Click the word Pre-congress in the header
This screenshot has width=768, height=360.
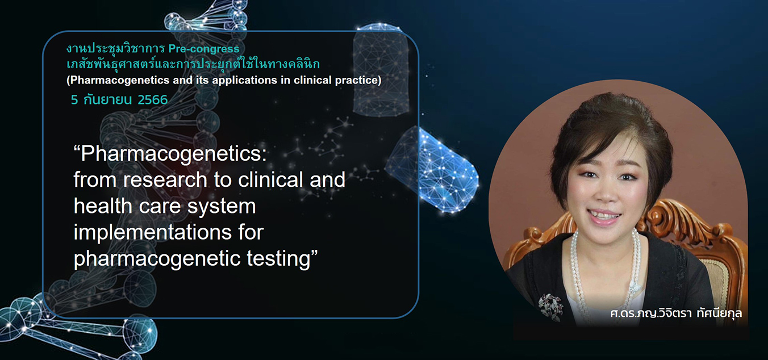pyautogui.click(x=204, y=49)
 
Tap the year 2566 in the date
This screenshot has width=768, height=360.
pyautogui.click(x=153, y=100)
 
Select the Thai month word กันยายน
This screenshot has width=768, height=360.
pyautogui.click(x=108, y=100)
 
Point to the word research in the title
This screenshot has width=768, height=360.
pyautogui.click(x=165, y=180)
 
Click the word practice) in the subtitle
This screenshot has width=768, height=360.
pyautogui.click(x=358, y=80)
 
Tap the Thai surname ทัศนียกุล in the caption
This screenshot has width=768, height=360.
pyautogui.click(x=719, y=313)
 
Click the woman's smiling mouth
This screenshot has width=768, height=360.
pyautogui.click(x=604, y=217)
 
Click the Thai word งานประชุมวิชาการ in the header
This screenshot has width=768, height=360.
pyautogui.click(x=115, y=49)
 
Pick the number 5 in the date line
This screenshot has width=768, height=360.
pyautogui.click(x=74, y=100)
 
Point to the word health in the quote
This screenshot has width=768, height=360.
pyautogui.click(x=103, y=207)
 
